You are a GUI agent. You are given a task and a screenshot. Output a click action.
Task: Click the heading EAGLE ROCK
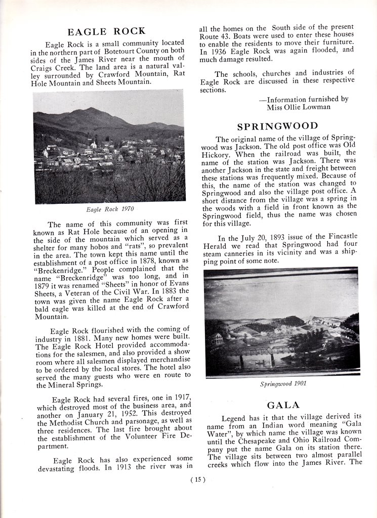(106, 31)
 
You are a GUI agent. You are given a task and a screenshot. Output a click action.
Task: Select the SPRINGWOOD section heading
(278, 126)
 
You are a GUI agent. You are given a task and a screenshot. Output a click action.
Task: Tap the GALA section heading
(283, 405)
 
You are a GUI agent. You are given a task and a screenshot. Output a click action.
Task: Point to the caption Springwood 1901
(283, 383)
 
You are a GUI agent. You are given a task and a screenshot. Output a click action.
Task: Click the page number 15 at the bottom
(198, 480)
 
